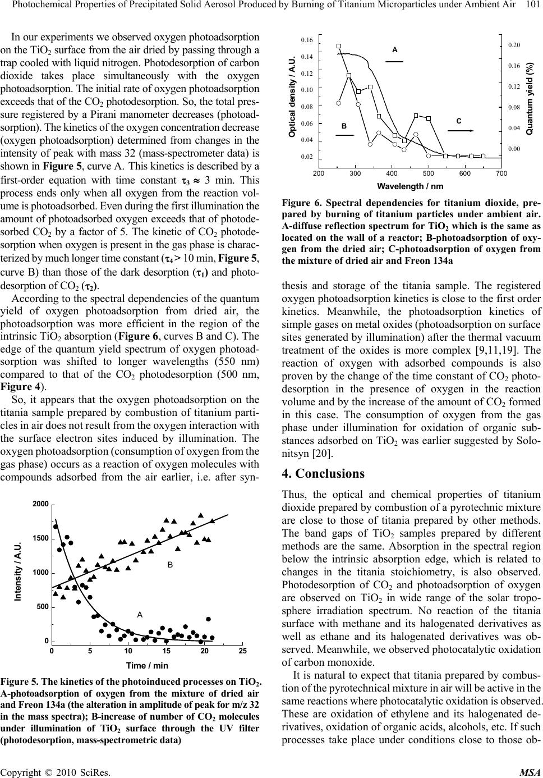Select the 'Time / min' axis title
pos(147,665)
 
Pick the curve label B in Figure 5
pos(169,566)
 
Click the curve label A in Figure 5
pos(140,615)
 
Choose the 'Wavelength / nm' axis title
pos(410,186)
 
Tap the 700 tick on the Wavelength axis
pos(501,173)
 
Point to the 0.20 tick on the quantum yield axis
pos(513,45)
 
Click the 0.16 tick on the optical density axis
pos(307,40)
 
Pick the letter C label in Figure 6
pos(459,121)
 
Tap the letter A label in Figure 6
pos(395,50)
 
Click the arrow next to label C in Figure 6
pos(461,130)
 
